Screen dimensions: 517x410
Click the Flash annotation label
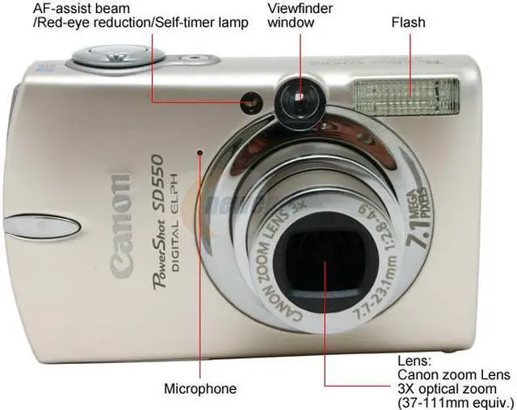(x=409, y=23)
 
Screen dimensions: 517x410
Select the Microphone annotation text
(x=200, y=389)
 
